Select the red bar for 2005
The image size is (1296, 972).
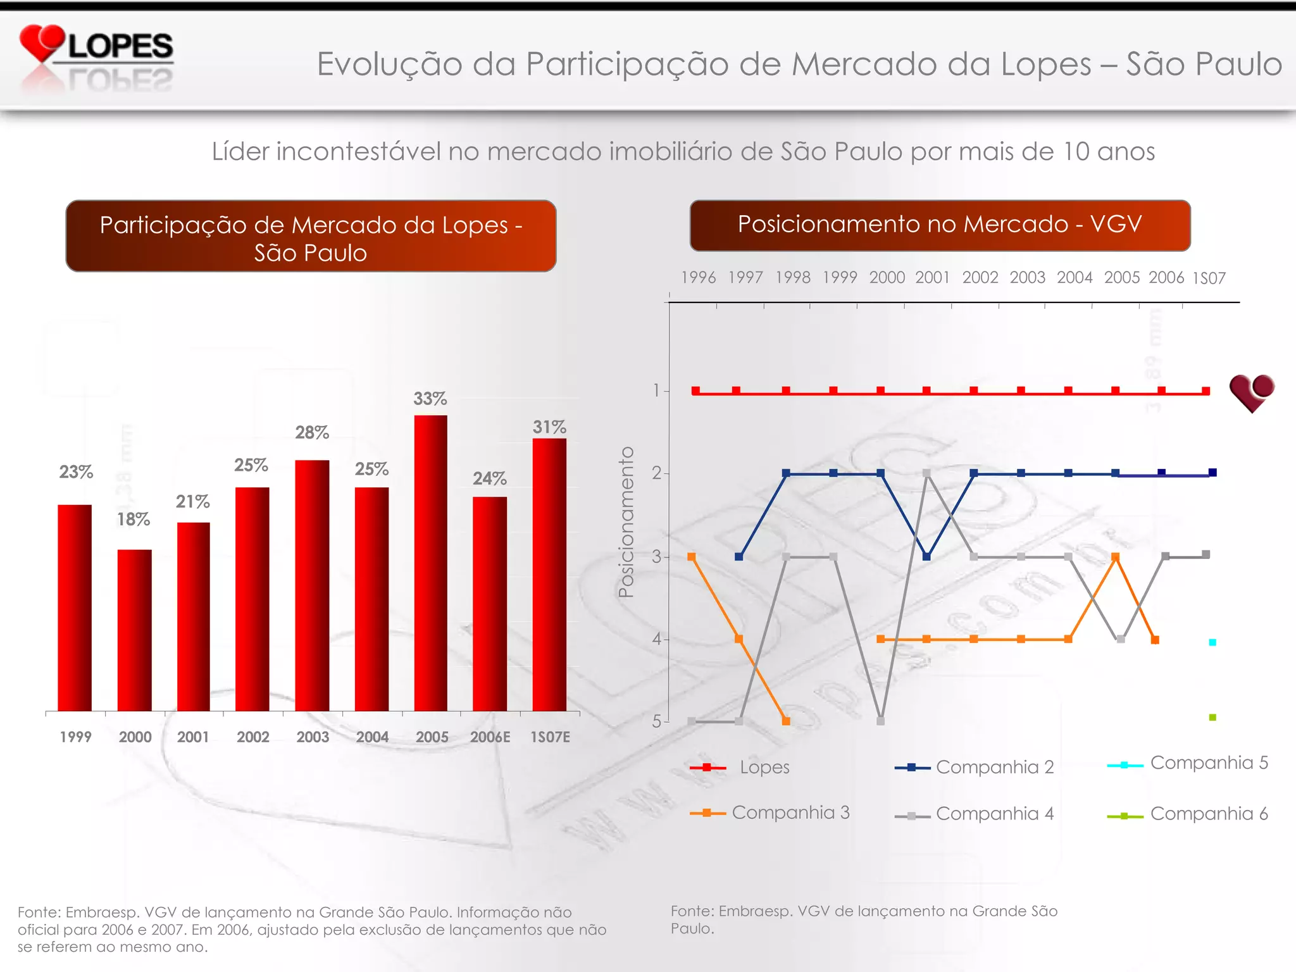coord(430,563)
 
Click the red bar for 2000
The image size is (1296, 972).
coord(134,630)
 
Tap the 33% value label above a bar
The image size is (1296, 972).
coord(430,399)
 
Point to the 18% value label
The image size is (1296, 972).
coord(134,520)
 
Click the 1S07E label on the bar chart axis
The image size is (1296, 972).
coord(550,737)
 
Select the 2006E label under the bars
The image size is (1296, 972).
coord(490,737)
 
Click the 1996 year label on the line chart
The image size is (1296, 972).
coord(698,278)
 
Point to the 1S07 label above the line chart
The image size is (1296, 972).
coord(1209,278)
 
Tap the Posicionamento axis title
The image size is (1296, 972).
coord(626,522)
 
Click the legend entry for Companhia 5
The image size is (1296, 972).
coord(1187,763)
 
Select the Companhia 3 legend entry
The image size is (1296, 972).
coord(770,813)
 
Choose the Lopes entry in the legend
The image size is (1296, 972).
coord(740,768)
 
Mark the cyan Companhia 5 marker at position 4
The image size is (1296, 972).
coord(1212,642)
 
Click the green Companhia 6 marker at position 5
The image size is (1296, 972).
coord(1212,718)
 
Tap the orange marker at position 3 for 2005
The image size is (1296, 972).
coord(1116,557)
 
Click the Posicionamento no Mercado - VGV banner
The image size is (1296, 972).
coord(940,225)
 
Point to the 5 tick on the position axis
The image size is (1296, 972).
coord(657,721)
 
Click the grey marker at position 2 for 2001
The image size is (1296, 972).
coord(926,473)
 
